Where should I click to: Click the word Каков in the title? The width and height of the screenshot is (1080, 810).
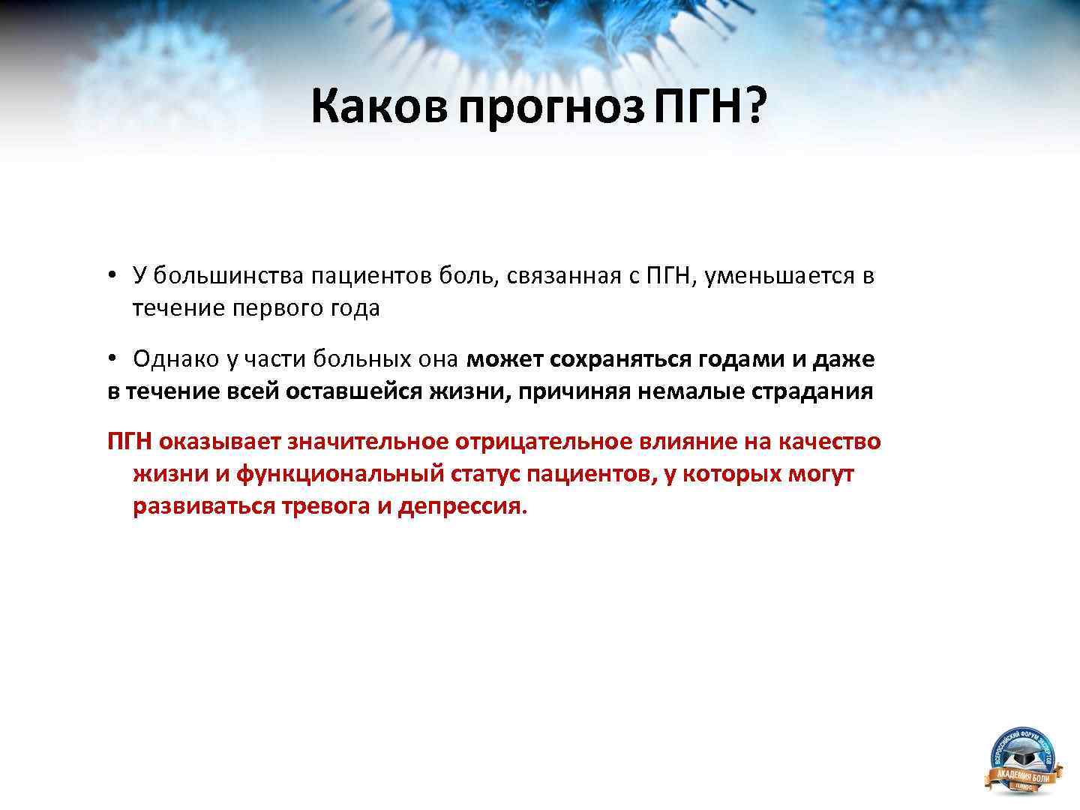pos(379,107)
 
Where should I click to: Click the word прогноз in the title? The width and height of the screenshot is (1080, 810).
pos(551,107)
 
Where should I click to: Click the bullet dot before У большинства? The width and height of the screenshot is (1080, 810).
pos(112,275)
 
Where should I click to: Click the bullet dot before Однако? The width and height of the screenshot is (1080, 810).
pos(112,359)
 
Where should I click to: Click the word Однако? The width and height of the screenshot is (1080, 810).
pos(177,359)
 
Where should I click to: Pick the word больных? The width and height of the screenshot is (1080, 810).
pos(358,359)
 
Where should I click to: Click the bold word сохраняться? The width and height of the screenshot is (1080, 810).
pos(620,359)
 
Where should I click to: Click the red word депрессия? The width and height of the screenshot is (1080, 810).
pos(462,506)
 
